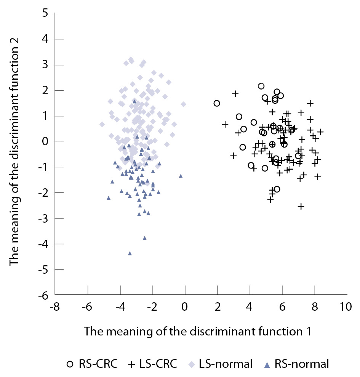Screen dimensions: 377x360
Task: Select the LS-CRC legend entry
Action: [x=152, y=364]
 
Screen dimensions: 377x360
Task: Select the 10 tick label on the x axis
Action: [x=346, y=307]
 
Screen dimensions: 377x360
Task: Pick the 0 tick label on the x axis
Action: [x=185, y=307]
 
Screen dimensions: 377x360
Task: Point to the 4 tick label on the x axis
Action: [x=250, y=307]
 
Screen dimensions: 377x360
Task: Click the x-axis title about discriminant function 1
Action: [x=198, y=331]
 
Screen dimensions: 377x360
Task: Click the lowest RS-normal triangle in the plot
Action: [x=130, y=253]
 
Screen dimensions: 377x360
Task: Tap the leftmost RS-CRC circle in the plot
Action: [x=217, y=103]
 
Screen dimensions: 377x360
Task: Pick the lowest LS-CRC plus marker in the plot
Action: [x=301, y=206]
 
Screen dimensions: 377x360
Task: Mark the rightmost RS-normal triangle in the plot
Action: [x=181, y=176]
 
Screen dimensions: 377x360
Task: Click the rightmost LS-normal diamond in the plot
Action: [x=183, y=104]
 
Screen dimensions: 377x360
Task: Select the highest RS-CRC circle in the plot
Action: [x=261, y=86]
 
